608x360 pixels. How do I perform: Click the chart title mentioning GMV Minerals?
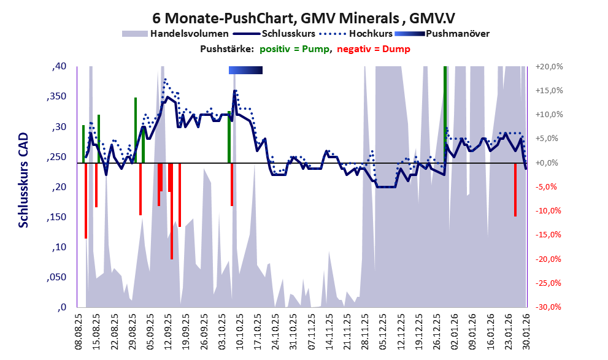tap(304, 17)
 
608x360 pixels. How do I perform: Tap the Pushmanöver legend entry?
tap(457, 33)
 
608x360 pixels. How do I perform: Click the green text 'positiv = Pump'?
tap(294, 49)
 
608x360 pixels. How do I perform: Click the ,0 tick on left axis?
tap(61, 307)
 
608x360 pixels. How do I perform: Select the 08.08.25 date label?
tap(79, 329)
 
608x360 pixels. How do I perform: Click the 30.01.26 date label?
tap(525, 329)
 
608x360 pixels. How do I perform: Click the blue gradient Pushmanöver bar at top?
tap(245, 70)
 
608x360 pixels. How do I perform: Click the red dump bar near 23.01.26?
tap(515, 190)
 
